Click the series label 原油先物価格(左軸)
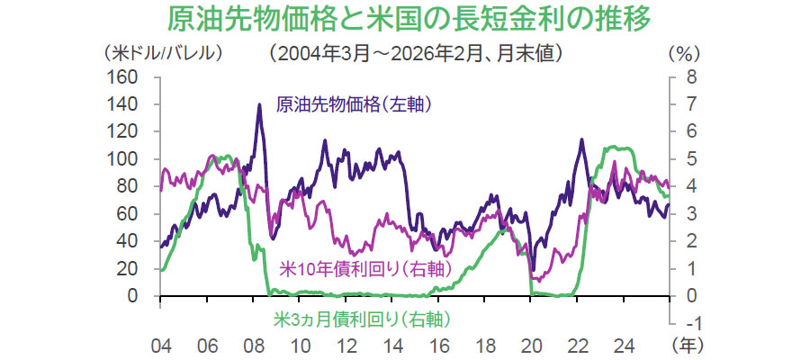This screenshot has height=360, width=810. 355,103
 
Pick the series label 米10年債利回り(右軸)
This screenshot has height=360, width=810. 359,267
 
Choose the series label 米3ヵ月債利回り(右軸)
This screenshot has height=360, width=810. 361,319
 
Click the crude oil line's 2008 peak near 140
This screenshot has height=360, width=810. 260,104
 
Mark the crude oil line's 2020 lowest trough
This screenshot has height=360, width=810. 534,269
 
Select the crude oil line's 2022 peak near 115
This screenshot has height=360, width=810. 581,139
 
